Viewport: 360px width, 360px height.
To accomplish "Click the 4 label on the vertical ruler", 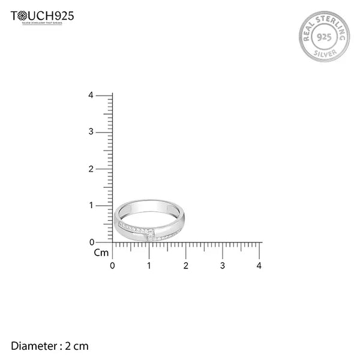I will pos(91,95).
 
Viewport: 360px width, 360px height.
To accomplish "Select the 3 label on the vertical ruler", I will pos(91,131).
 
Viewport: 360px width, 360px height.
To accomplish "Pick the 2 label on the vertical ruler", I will pos(91,169).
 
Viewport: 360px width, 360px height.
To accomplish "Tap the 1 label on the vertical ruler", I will pos(91,205).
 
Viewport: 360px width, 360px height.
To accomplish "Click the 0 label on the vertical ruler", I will pos(91,242).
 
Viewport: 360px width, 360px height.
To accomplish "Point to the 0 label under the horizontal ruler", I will pos(113,265).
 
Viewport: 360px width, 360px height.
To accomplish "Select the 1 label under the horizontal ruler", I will pos(149,265).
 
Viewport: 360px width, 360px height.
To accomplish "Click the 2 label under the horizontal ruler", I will pos(186,265).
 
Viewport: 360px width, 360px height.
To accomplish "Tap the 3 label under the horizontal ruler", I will pos(223,265).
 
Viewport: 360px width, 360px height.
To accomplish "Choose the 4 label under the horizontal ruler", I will pos(259,265).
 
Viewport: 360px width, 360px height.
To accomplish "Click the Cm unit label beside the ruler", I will pos(101,253).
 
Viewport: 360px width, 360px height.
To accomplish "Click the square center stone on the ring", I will pos(151,235).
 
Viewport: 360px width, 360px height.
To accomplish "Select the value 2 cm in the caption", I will pos(77,346).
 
